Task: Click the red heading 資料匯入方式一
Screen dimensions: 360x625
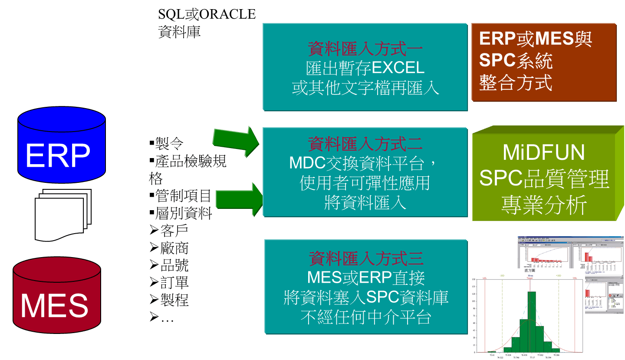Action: click(x=365, y=49)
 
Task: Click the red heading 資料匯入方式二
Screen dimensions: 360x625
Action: click(x=365, y=143)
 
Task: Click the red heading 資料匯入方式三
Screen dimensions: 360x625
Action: click(x=366, y=258)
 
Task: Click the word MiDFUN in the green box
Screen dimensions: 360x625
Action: click(x=543, y=152)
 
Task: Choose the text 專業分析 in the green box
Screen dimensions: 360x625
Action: click(x=544, y=205)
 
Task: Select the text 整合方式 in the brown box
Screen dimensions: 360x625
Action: click(x=516, y=83)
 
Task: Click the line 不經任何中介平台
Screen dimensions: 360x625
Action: click(x=365, y=317)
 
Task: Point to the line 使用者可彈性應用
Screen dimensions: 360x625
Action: click(x=365, y=183)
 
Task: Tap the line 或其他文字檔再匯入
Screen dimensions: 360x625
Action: click(x=365, y=88)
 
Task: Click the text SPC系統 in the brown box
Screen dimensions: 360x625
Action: click(x=516, y=61)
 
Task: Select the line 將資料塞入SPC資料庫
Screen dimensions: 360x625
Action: click(x=366, y=297)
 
